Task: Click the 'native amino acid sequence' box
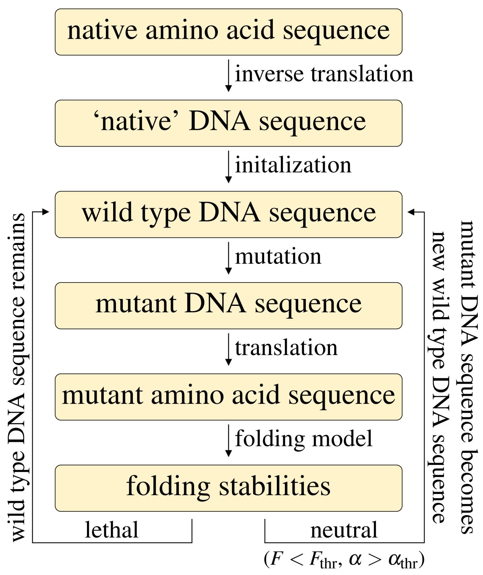(x=229, y=32)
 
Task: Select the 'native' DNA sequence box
(x=229, y=123)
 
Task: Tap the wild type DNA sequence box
(x=229, y=214)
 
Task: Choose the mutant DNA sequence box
(x=229, y=305)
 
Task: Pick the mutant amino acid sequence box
(x=229, y=396)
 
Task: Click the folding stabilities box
(x=229, y=488)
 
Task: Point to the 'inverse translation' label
(x=324, y=75)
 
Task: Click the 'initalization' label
(x=293, y=166)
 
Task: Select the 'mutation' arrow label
(x=278, y=257)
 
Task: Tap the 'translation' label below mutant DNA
(x=286, y=348)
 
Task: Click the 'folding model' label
(x=303, y=439)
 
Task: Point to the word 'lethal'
(x=111, y=530)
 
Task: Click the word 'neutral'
(x=344, y=530)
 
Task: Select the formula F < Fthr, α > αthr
(x=344, y=559)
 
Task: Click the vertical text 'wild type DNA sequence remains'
(x=18, y=377)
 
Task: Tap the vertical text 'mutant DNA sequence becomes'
(x=468, y=377)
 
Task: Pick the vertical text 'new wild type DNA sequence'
(x=439, y=377)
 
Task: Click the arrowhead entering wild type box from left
(x=45, y=212)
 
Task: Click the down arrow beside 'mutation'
(x=228, y=258)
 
